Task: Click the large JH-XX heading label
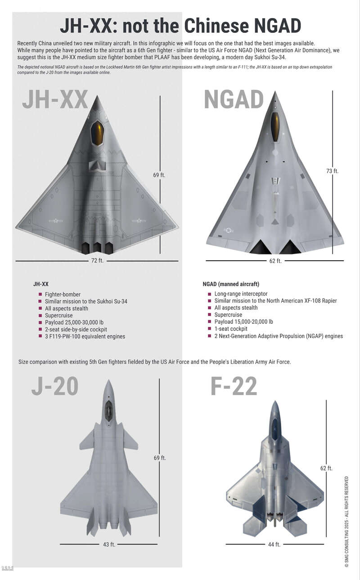point(55,99)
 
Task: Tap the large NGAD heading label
point(234,99)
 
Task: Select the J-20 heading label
point(55,386)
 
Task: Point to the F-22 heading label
point(234,386)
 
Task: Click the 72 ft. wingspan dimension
point(97,260)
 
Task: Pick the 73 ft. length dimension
point(332,171)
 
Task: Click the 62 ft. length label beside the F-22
point(326,468)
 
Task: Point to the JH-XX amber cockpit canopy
point(97,133)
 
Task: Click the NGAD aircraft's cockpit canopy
point(275,127)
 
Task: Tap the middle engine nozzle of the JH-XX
point(97,248)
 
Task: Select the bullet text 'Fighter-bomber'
point(63,294)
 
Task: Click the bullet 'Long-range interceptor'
point(241,294)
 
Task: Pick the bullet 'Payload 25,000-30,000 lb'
point(74,322)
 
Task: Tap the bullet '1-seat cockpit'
point(231,329)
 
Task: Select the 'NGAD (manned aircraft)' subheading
point(231,284)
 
